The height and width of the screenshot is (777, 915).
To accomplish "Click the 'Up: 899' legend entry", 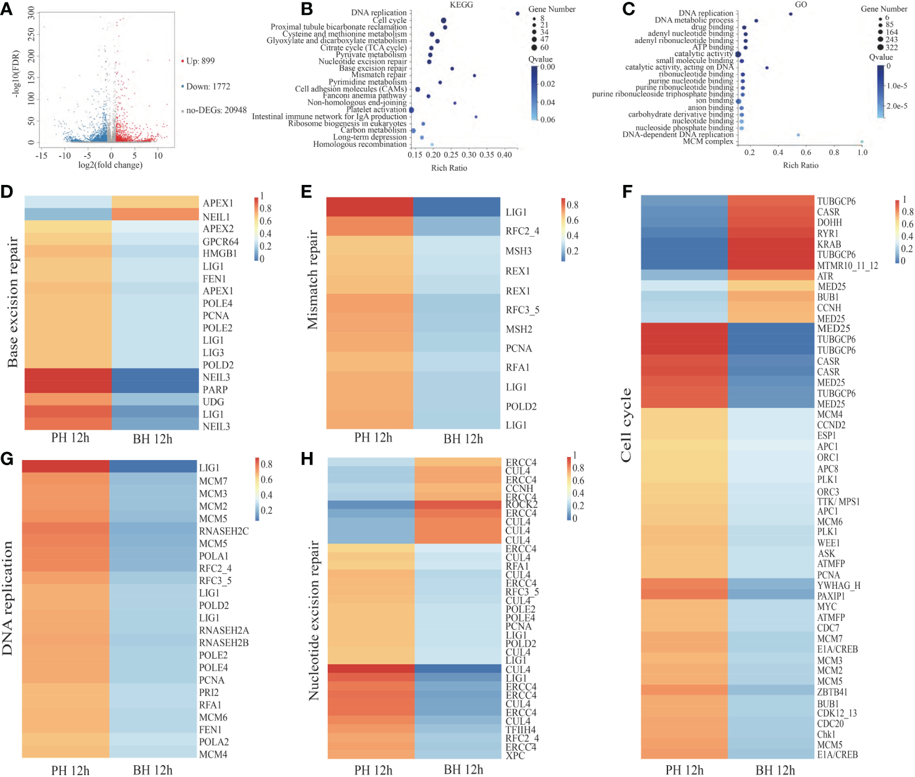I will coord(200,61).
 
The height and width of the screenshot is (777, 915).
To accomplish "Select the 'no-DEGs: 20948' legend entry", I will coord(216,110).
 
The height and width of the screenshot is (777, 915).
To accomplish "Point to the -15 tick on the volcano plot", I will coord(42,156).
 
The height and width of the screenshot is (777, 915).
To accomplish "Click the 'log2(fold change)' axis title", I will coord(110,165).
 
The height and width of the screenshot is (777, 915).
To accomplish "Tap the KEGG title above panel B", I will coord(461,5).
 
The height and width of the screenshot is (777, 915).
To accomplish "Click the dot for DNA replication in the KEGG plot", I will coord(518,13).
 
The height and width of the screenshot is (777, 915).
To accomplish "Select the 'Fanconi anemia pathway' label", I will coord(365,96).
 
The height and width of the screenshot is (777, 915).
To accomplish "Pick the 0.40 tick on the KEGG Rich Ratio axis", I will coord(504,155).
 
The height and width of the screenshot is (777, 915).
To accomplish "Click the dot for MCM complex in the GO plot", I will coord(862,142).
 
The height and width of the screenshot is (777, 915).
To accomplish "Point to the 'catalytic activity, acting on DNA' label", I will coord(679,67).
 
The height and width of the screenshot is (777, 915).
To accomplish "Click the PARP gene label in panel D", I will coord(215,390).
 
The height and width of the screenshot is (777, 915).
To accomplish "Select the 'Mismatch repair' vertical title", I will coord(312,280).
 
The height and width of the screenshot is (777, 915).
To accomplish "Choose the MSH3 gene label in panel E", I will coord(519,251).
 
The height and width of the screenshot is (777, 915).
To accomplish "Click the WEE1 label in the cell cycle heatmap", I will coord(829,543).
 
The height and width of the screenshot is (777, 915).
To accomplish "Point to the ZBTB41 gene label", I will coord(832,692).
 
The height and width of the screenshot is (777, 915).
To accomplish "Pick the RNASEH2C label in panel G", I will coord(223,531).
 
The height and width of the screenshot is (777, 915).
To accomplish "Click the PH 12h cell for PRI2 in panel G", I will coord(65,692).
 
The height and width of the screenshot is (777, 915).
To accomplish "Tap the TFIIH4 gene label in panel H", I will coord(521,730).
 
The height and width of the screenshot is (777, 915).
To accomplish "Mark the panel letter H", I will coord(307,459).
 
